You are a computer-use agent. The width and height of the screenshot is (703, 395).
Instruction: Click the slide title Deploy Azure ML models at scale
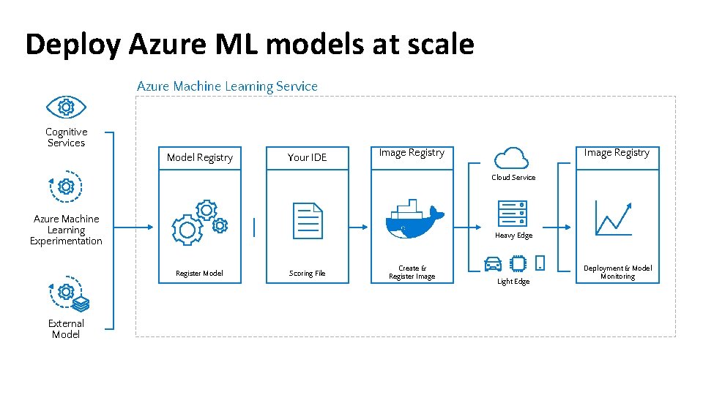pyautogui.click(x=249, y=45)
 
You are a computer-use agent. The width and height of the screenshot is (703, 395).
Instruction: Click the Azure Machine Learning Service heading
pyautogui.click(x=227, y=86)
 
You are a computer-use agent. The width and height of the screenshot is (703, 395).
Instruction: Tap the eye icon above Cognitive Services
pyautogui.click(x=66, y=108)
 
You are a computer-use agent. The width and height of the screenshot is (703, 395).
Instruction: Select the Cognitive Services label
pyautogui.click(x=66, y=138)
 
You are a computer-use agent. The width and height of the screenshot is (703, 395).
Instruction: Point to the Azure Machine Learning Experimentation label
pyautogui.click(x=66, y=230)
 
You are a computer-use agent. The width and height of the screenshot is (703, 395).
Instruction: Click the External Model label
pyautogui.click(x=66, y=329)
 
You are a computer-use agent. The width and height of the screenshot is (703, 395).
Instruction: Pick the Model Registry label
pyautogui.click(x=199, y=157)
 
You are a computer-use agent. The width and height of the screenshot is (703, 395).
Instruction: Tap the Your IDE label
pyautogui.click(x=308, y=157)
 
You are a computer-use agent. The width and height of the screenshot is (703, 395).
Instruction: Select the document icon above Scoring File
pyautogui.click(x=308, y=220)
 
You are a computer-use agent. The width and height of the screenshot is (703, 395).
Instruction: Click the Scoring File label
pyautogui.click(x=308, y=274)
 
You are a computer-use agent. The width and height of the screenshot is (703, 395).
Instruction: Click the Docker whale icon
pyautogui.click(x=414, y=218)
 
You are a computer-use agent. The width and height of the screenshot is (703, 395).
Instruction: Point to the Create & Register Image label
pyautogui.click(x=412, y=272)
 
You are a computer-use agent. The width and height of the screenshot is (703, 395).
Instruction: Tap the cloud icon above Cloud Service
pyautogui.click(x=511, y=157)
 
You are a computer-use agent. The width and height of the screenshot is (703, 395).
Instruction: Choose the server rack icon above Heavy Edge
pyautogui.click(x=513, y=212)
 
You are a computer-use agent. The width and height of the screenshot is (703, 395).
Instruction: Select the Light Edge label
pyautogui.click(x=513, y=282)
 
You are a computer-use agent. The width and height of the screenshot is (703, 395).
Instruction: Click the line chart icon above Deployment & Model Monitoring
pyautogui.click(x=614, y=217)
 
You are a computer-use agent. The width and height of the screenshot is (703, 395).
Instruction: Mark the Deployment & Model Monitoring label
pyautogui.click(x=617, y=272)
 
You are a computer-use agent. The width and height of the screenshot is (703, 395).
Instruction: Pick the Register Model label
pyautogui.click(x=199, y=274)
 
